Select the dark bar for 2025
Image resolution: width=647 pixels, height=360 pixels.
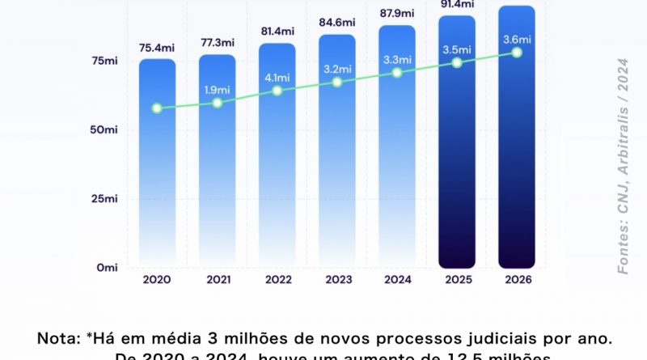(x=457, y=162)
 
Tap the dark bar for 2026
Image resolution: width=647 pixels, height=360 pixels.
(x=517, y=162)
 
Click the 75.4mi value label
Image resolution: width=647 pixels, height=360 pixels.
(x=157, y=47)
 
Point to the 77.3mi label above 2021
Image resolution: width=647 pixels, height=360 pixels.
(x=217, y=43)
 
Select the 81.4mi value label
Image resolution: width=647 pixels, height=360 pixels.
(x=277, y=32)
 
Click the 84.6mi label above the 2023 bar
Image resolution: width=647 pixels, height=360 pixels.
(x=337, y=23)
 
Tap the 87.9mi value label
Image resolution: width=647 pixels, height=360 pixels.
(x=397, y=13)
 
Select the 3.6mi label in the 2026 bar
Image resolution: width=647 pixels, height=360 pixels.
(x=517, y=39)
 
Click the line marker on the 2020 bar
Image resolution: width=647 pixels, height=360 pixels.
(x=157, y=108)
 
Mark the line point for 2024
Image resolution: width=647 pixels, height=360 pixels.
(x=397, y=73)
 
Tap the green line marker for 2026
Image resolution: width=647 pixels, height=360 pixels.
(x=517, y=53)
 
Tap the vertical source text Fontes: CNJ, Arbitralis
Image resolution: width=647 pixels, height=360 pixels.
(x=624, y=166)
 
